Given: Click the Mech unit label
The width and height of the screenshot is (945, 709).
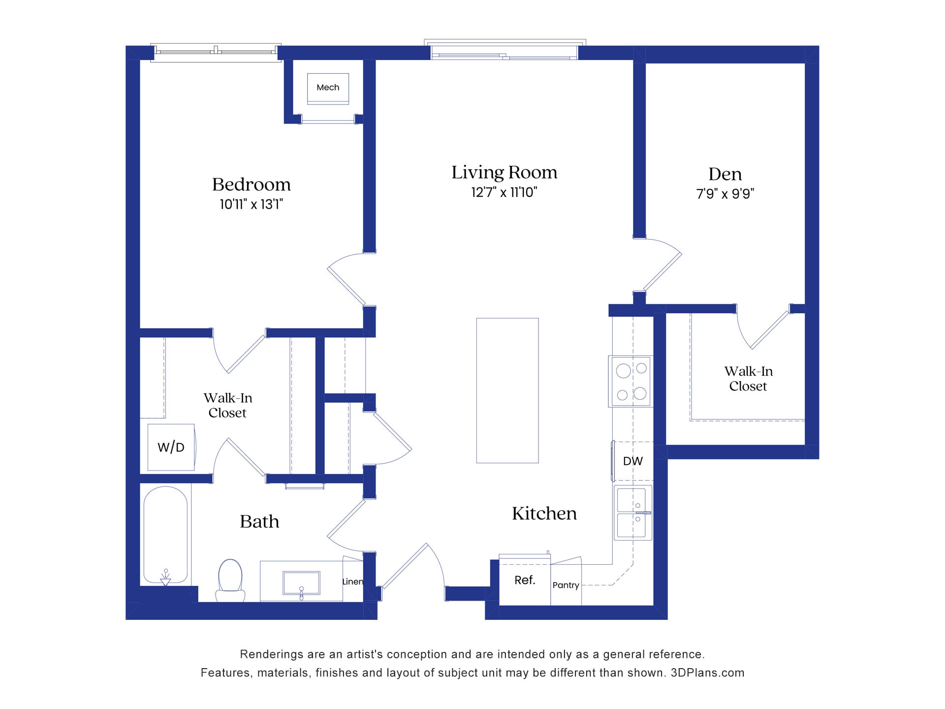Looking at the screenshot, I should click(328, 88).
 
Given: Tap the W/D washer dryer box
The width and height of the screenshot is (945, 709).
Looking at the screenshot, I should click(171, 447).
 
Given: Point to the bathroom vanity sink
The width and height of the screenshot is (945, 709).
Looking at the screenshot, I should click(301, 583).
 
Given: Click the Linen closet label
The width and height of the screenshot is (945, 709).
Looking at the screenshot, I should click(352, 581).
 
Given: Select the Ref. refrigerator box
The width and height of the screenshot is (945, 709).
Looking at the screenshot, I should click(525, 580).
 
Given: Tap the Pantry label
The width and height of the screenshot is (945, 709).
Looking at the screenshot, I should click(566, 585).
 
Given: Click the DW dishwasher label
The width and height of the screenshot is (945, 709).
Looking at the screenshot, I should click(632, 461).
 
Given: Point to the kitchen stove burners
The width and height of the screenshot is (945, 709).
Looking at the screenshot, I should click(631, 381).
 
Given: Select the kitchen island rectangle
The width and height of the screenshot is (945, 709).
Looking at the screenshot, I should click(507, 390).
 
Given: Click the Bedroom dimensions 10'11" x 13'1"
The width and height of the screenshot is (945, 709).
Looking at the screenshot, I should click(251, 204).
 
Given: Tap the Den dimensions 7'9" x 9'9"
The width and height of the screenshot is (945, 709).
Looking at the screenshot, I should click(725, 193).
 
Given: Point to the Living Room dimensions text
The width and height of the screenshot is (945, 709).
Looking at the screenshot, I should click(504, 192).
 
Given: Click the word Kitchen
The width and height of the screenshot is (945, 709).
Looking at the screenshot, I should click(544, 514).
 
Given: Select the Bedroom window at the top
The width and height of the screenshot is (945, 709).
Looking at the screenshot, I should click(216, 52).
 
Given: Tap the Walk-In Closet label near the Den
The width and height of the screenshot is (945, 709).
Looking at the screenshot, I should click(748, 379).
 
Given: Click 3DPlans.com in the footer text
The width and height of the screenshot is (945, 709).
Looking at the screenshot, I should click(707, 673).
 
